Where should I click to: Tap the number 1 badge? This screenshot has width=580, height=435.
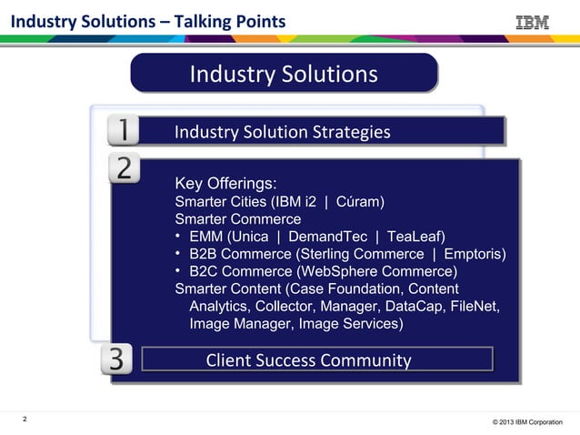123,132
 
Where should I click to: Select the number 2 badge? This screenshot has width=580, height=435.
124,168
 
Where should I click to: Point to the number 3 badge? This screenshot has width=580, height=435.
117,359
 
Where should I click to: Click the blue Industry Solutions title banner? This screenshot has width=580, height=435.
284,74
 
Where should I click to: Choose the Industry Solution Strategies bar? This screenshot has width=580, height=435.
337,133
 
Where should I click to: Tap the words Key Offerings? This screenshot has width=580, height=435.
225,182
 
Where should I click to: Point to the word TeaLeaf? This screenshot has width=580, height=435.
413,237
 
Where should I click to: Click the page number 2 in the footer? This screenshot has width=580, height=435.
25,420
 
